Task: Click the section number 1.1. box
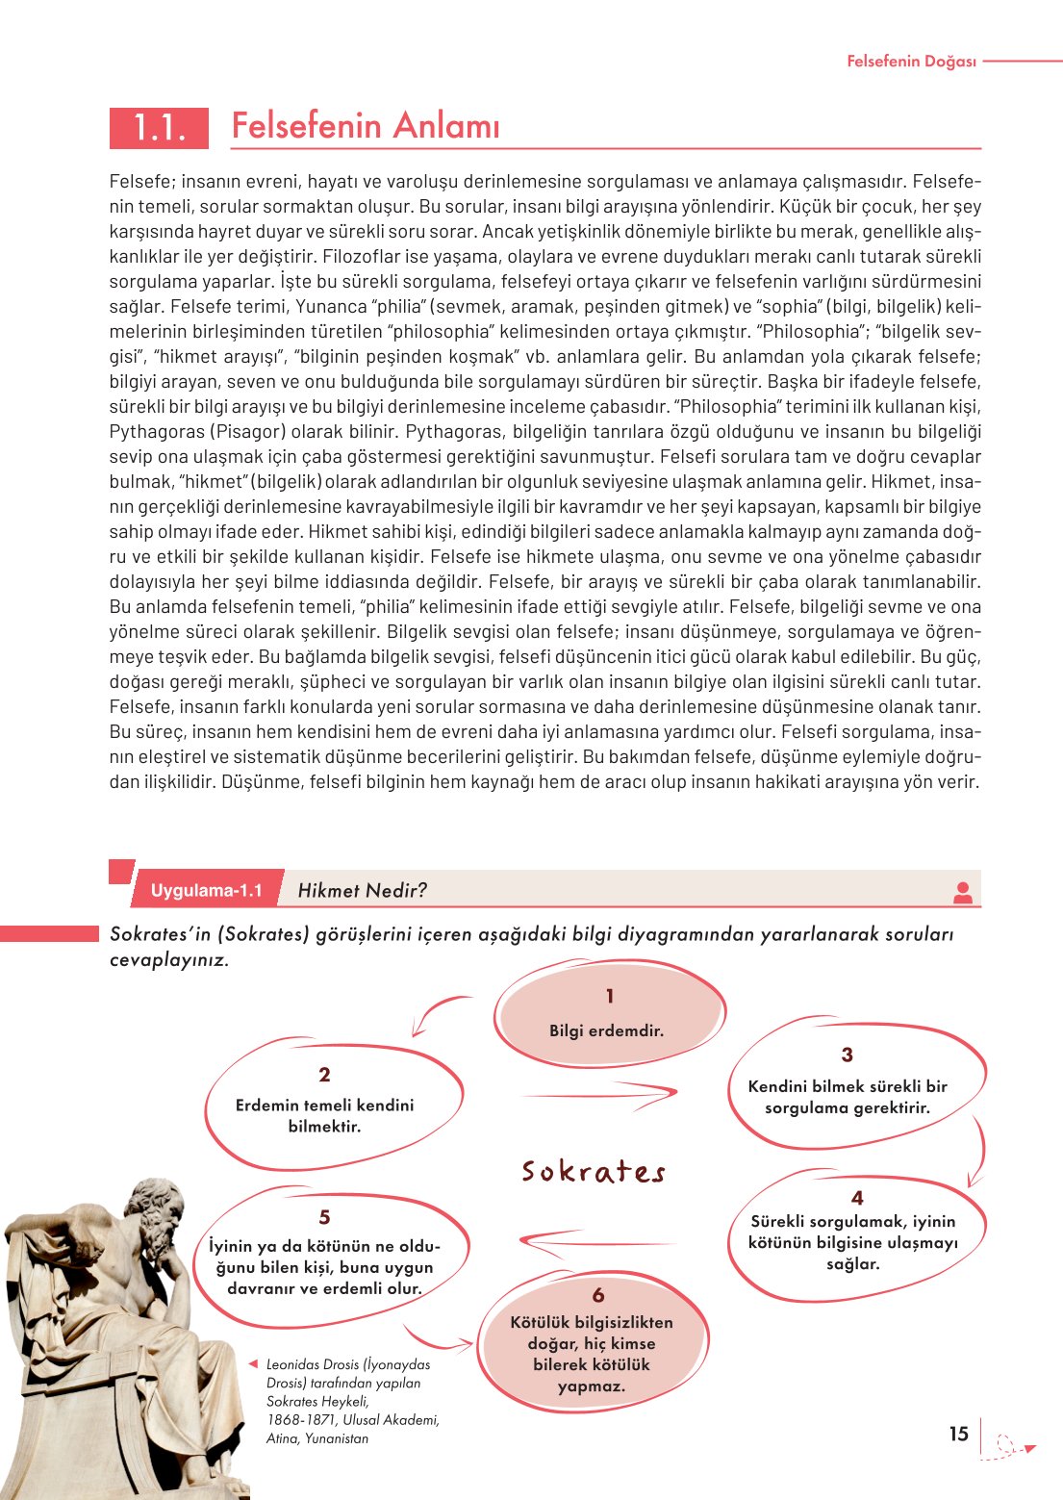(x=159, y=127)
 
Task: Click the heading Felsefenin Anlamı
(x=366, y=126)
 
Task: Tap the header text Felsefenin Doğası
(x=911, y=62)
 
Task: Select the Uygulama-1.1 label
(x=206, y=890)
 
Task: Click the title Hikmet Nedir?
(x=362, y=890)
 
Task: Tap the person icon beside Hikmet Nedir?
(x=962, y=892)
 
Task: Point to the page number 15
(x=958, y=1434)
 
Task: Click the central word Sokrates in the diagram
(x=594, y=1171)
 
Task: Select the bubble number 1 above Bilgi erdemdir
(x=609, y=996)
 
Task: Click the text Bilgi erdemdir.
(x=606, y=1030)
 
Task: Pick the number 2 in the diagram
(x=324, y=1075)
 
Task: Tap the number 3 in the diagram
(x=847, y=1055)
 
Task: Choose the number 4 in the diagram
(x=857, y=1198)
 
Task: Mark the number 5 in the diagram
(x=324, y=1217)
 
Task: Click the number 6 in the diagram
(x=598, y=1295)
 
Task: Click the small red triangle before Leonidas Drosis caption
(x=253, y=1363)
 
